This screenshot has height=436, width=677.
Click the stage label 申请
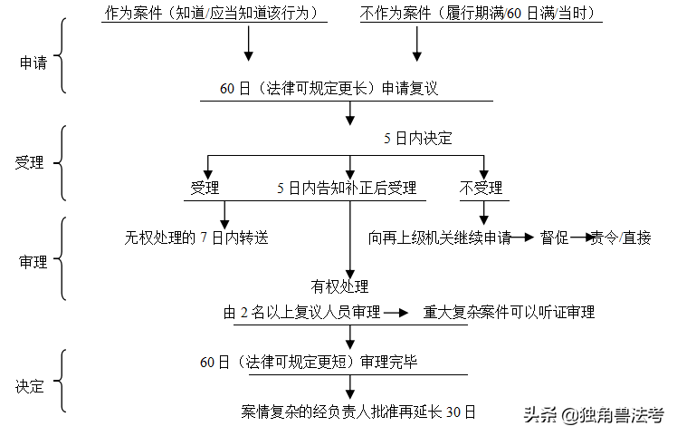[32, 63]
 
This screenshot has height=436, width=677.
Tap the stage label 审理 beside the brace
[33, 262]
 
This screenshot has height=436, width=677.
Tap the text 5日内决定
[417, 139]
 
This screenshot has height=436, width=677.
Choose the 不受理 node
[482, 189]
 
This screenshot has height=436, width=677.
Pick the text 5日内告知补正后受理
[347, 189]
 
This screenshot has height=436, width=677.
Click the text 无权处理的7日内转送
[196, 238]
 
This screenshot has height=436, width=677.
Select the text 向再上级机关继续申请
[440, 238]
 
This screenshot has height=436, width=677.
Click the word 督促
[554, 238]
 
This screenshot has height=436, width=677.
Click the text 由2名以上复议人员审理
[301, 313]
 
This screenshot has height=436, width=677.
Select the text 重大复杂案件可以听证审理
[509, 313]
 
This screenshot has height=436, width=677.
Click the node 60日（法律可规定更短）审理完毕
[321, 362]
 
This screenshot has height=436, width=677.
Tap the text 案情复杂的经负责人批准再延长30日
[358, 411]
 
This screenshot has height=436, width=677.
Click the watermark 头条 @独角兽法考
[593, 415]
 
